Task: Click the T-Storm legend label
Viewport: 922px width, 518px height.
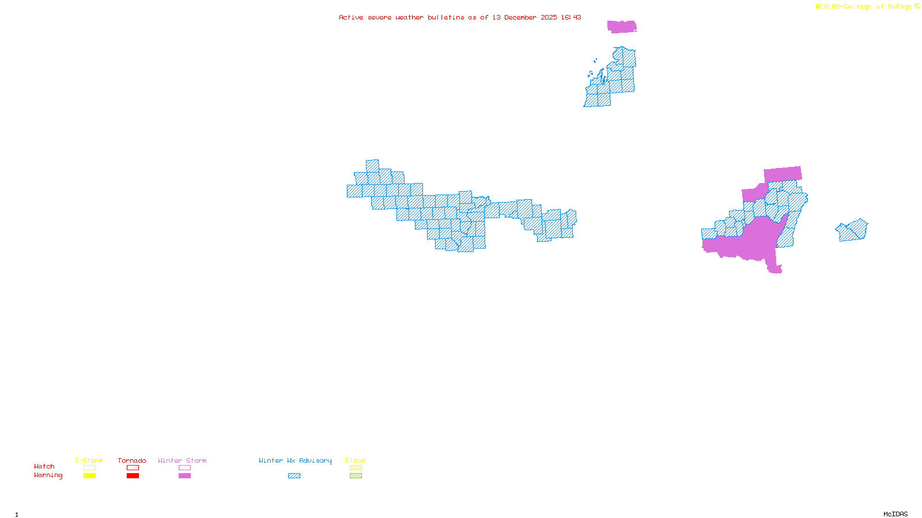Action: [x=89, y=460]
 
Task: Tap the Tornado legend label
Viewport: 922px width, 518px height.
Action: [x=132, y=460]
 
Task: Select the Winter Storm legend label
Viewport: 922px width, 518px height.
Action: [x=182, y=460]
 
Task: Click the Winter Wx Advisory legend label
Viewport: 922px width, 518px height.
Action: [x=295, y=460]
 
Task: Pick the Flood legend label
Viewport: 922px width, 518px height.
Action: [x=356, y=460]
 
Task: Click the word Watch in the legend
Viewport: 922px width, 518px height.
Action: [x=44, y=466]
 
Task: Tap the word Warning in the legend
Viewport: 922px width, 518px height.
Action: [x=48, y=475]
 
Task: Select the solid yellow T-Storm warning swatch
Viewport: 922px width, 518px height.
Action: [x=89, y=476]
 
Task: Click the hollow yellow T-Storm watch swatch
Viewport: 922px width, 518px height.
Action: [x=89, y=468]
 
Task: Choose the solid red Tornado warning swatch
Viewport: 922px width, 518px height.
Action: [x=133, y=476]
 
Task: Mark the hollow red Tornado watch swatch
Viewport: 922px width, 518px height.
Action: [x=133, y=468]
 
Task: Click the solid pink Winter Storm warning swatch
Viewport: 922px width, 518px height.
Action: [x=184, y=476]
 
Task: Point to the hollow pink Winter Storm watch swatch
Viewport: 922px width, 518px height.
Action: [x=184, y=468]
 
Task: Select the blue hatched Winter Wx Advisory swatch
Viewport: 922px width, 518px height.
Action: [x=294, y=476]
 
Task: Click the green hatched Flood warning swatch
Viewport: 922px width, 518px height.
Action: [x=356, y=476]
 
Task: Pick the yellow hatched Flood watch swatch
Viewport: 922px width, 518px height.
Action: [x=356, y=468]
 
